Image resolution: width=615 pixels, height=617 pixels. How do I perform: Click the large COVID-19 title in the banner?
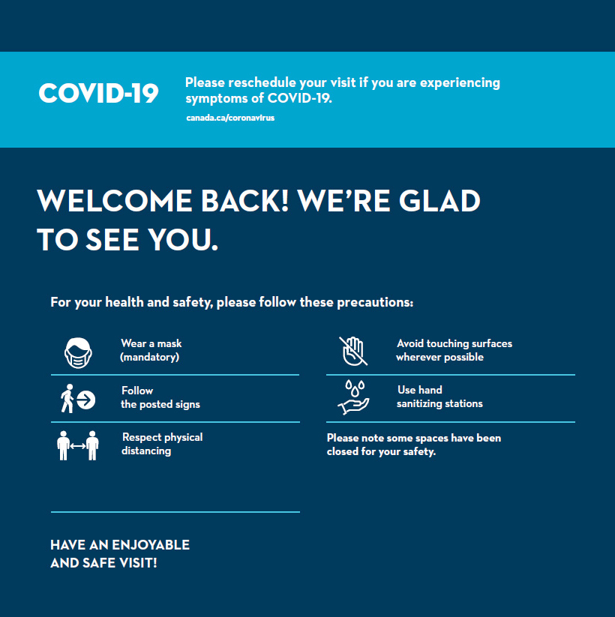click(98, 93)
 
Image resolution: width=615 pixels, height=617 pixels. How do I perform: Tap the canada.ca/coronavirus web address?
click(230, 118)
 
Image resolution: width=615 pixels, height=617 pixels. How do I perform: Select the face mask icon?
click(78, 353)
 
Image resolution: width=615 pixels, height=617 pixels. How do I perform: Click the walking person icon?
click(67, 399)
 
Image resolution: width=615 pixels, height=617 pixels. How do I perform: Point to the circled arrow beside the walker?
click(85, 400)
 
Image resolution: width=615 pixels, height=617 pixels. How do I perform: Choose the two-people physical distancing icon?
click(78, 445)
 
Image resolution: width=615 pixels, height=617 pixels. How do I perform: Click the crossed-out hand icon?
click(353, 351)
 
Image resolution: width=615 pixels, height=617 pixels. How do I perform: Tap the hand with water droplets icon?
click(354, 397)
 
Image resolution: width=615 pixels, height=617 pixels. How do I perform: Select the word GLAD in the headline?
click(439, 201)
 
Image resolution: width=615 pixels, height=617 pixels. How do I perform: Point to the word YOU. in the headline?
click(183, 240)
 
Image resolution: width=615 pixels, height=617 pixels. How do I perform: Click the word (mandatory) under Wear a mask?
click(149, 358)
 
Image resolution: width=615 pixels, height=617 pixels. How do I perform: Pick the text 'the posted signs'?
click(160, 405)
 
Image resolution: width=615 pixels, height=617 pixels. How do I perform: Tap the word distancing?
click(146, 451)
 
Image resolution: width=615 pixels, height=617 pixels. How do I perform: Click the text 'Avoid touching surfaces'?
click(454, 343)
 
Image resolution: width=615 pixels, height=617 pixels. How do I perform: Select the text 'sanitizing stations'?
click(439, 404)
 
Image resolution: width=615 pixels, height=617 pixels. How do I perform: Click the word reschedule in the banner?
click(262, 82)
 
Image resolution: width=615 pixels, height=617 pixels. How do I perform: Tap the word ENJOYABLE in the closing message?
click(151, 545)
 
